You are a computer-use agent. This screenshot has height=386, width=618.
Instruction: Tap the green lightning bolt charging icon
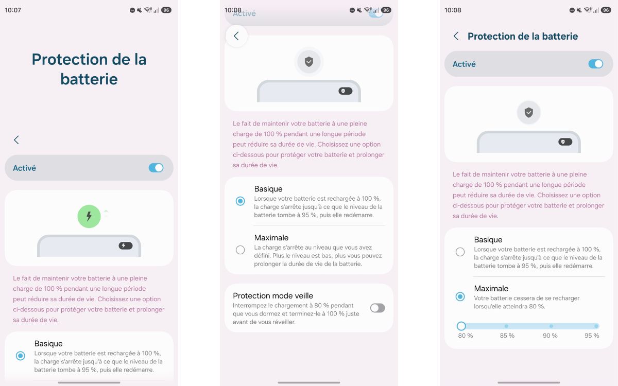tap(89, 216)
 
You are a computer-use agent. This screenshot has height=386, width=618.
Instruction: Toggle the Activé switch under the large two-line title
tap(156, 168)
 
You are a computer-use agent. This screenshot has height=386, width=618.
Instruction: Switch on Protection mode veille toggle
tap(377, 308)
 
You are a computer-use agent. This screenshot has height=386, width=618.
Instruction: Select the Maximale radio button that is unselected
tap(240, 250)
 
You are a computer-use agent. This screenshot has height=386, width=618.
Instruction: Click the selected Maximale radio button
tap(460, 296)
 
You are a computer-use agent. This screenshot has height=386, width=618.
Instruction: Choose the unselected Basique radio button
tap(460, 252)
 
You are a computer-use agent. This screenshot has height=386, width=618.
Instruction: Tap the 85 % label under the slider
tap(507, 336)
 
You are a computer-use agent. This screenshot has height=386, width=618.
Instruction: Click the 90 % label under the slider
tap(550, 336)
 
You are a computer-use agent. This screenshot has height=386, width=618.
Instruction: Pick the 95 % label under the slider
tap(592, 336)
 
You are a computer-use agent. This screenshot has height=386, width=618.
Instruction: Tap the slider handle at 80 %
tap(461, 326)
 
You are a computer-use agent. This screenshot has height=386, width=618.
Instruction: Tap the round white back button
tap(236, 36)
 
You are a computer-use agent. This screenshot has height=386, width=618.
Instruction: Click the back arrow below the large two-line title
tap(16, 140)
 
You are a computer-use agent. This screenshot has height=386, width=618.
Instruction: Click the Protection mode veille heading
tap(273, 295)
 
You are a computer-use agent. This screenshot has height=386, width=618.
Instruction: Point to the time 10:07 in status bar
tap(13, 10)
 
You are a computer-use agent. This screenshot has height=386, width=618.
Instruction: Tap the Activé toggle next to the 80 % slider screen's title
tap(595, 64)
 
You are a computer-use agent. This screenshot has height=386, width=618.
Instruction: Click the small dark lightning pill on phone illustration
tap(126, 245)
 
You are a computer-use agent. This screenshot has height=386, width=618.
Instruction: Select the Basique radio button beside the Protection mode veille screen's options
tap(240, 201)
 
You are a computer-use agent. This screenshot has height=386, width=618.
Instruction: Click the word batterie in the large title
tap(89, 79)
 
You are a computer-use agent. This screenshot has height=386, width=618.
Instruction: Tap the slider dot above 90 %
tap(551, 326)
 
